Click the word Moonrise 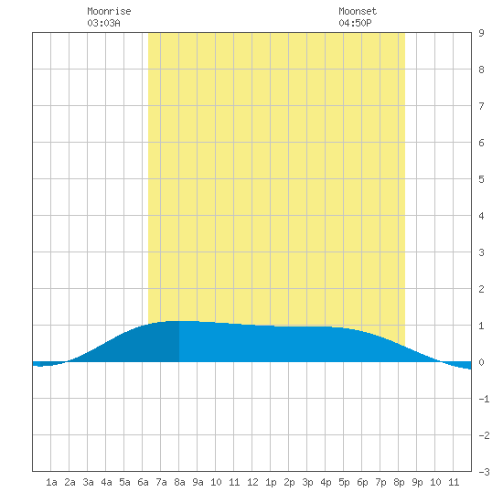tap(109, 11)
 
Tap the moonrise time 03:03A tap(103, 23)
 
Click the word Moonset tap(358, 11)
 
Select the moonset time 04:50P tap(355, 23)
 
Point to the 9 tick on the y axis tap(481, 33)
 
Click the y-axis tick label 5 tap(481, 179)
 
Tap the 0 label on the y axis tap(481, 362)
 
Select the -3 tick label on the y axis tap(484, 472)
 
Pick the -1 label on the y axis tap(484, 399)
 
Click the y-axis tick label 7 tap(481, 106)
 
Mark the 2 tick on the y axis tap(481, 289)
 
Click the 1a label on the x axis tap(51, 482)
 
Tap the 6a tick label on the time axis tap(143, 482)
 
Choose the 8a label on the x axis tap(179, 482)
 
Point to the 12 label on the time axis tap(252, 482)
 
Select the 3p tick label tap(307, 482)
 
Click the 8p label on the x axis tap(399, 482)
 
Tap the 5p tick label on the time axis tap(344, 482)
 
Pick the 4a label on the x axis tap(106, 482)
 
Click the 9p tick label tap(417, 482)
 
